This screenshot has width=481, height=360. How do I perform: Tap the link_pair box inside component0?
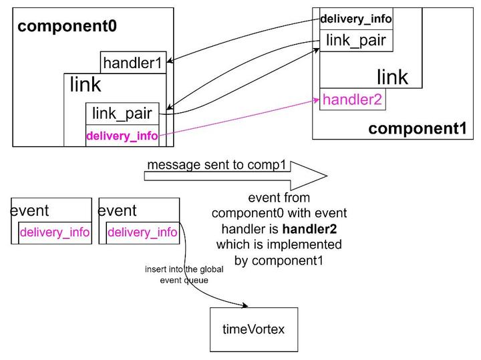(122, 114)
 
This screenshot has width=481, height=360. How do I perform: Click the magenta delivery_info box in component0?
(122, 136)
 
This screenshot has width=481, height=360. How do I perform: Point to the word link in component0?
(86, 85)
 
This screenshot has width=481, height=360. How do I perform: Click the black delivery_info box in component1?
(355, 19)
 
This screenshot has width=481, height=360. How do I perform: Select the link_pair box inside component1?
(355, 40)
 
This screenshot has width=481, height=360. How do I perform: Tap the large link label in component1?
(392, 77)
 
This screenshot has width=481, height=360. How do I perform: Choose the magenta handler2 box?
(352, 100)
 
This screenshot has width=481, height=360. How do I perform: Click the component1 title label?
(418, 128)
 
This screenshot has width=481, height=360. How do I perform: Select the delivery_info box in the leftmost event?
(55, 232)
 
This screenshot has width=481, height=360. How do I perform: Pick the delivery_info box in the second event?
(142, 232)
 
